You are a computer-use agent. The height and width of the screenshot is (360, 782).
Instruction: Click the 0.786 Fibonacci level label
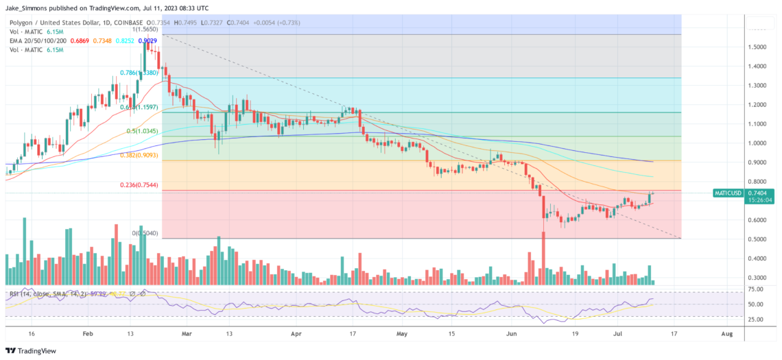click(x=138, y=72)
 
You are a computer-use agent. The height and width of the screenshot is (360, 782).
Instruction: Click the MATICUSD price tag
click(x=728, y=193)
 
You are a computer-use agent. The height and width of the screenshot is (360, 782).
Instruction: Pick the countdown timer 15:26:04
click(x=728, y=201)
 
